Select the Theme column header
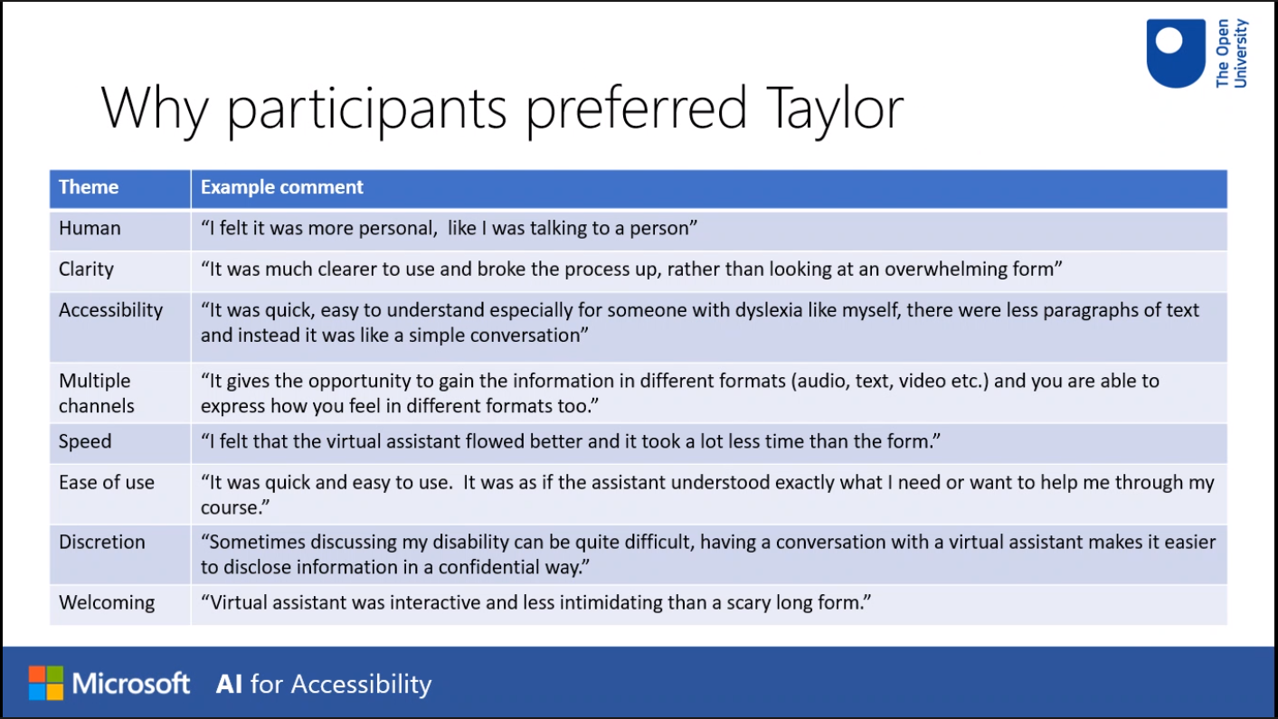coord(89,187)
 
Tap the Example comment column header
coord(282,187)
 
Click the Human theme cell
coord(90,228)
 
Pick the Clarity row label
coord(86,270)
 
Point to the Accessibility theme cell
coord(110,310)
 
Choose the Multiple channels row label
coord(97,393)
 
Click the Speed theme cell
coord(85,441)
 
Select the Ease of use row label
coord(107,483)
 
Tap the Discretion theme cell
coord(102,542)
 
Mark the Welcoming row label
coord(107,603)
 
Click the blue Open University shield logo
coord(1176,53)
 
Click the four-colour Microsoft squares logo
coord(46,683)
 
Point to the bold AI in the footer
coord(229,685)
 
